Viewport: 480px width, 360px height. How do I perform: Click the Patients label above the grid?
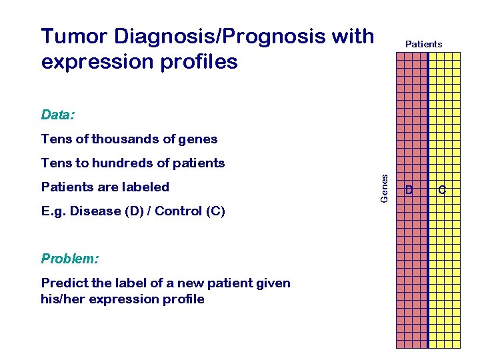click(423, 44)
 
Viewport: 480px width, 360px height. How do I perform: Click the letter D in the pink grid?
click(409, 191)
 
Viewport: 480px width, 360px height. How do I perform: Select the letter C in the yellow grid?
click(442, 191)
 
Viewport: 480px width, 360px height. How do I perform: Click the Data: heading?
click(58, 115)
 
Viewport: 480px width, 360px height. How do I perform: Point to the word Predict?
click(61, 283)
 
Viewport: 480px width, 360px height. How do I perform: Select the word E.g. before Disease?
click(53, 211)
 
